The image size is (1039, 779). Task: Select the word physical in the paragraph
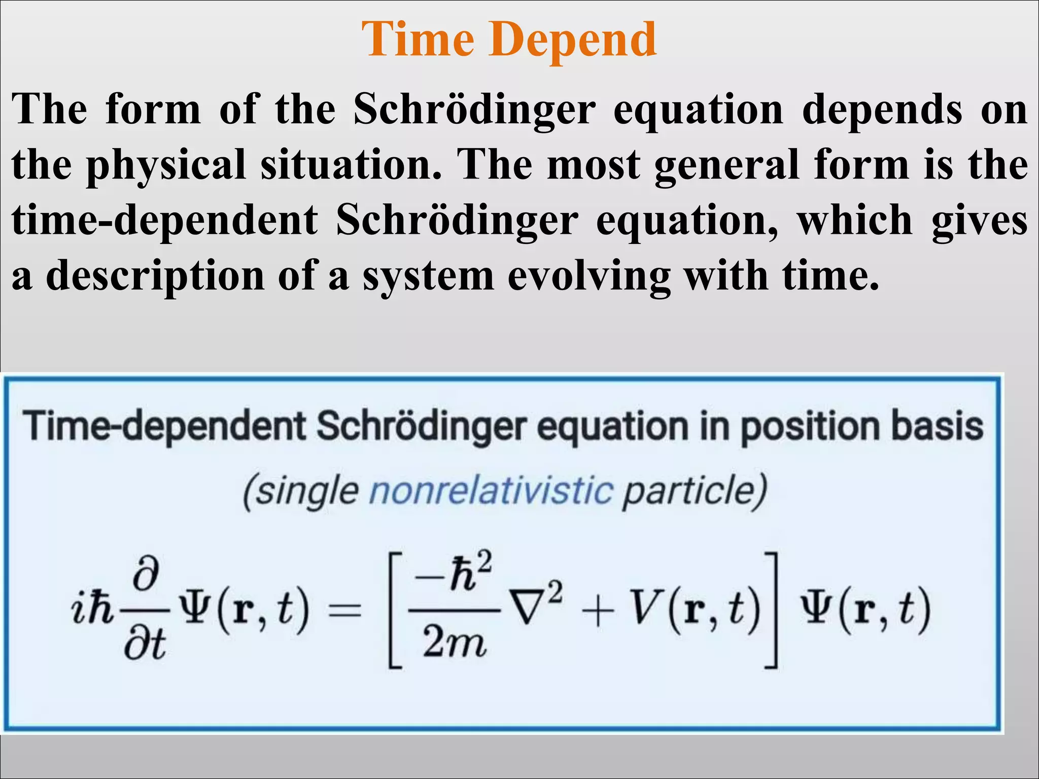tap(166, 165)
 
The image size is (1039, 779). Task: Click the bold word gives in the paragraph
tap(979, 221)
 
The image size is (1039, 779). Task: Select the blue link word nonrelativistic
tap(491, 491)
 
